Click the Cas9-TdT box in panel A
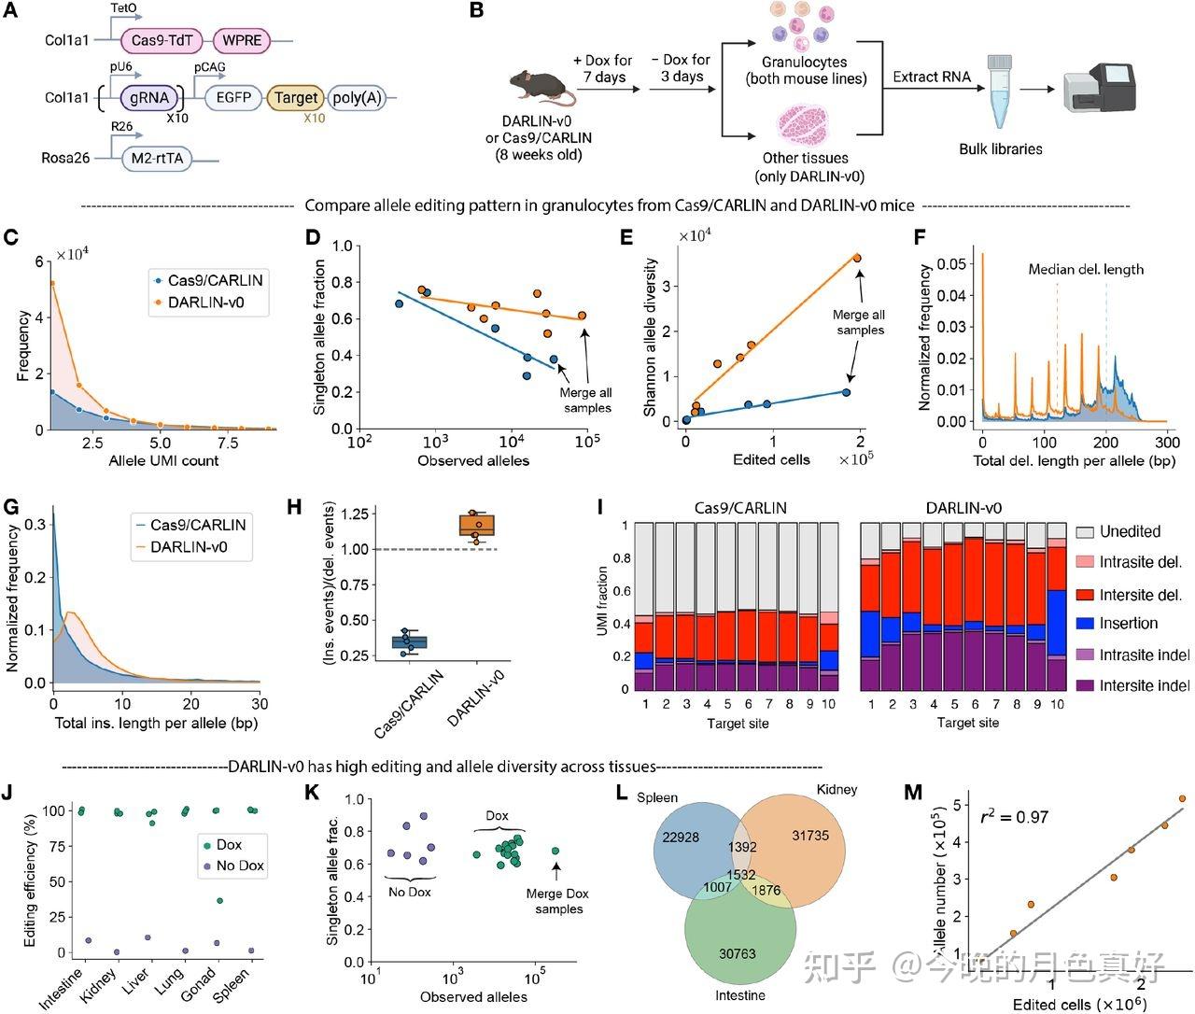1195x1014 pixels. [162, 40]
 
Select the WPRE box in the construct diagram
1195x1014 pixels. [242, 40]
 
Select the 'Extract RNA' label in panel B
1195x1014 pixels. [931, 77]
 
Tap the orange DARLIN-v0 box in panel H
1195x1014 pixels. [483, 526]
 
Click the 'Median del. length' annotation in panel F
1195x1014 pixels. [1085, 269]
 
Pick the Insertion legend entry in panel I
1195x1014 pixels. [1128, 624]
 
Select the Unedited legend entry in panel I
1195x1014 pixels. [1130, 531]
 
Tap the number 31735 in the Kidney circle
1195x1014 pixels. [809, 836]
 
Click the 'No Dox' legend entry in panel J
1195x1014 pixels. [240, 866]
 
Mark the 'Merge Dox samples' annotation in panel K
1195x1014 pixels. [556, 901]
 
